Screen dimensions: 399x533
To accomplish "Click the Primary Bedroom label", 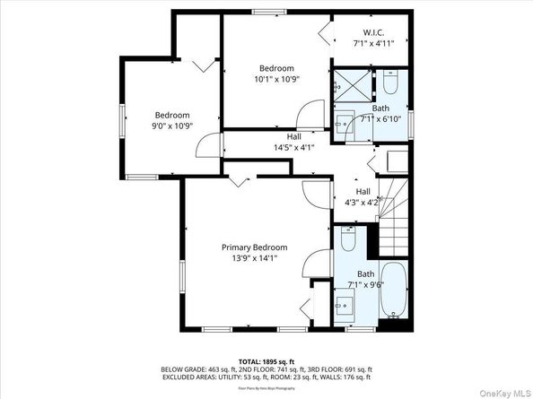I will pos(256,247).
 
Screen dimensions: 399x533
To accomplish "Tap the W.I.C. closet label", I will pos(374,30).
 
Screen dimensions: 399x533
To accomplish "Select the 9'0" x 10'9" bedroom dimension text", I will pos(171,126).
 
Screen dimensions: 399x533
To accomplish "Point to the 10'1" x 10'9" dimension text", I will pos(275,79).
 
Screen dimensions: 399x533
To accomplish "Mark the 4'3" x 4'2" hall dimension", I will pos(363,203).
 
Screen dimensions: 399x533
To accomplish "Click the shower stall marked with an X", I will pos(348,87).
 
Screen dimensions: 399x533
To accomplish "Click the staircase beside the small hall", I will pos(395,215).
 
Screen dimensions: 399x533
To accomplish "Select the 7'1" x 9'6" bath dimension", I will pos(364,284).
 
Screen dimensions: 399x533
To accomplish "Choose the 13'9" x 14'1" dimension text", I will pos(256,258).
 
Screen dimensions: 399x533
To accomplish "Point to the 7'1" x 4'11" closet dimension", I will pos(374,41).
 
